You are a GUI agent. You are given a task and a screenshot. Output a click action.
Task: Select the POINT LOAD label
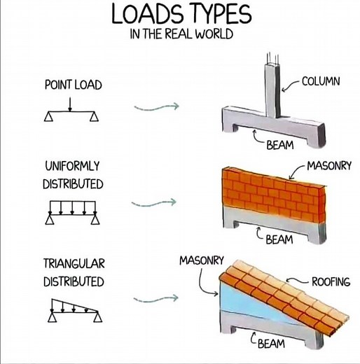pyautogui.click(x=73, y=85)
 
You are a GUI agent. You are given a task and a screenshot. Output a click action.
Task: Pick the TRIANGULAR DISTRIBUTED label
pyautogui.click(x=74, y=273)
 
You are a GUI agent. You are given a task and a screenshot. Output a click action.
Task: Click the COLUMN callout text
pyautogui.click(x=320, y=82)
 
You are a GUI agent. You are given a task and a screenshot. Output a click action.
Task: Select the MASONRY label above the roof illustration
pyautogui.click(x=201, y=260)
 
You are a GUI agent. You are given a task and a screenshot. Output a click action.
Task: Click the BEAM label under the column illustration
pyautogui.click(x=280, y=146)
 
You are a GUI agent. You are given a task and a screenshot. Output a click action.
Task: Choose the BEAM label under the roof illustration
pyautogui.click(x=271, y=343)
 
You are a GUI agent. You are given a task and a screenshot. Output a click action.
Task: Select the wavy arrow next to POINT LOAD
pyautogui.click(x=155, y=106)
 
